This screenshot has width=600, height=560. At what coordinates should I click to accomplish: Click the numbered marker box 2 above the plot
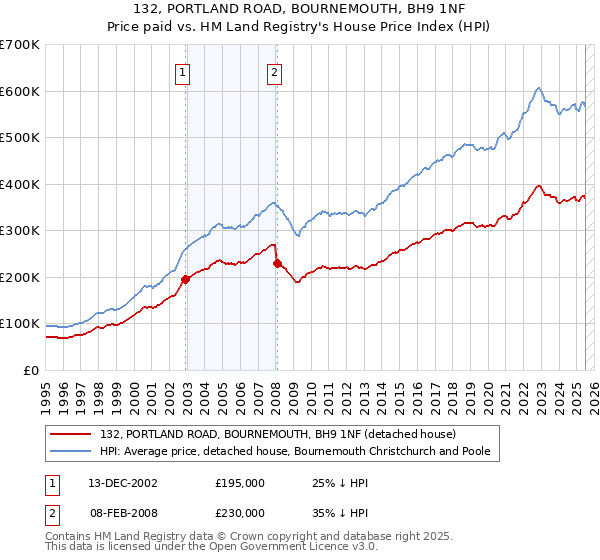(274, 71)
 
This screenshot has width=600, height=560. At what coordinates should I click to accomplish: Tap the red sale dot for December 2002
(186, 280)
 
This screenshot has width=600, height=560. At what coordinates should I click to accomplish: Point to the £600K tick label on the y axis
(19, 91)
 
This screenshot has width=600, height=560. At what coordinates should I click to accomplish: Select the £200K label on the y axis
(19, 277)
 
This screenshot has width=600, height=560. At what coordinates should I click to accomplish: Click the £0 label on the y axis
(30, 370)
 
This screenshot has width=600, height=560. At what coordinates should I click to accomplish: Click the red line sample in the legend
(72, 434)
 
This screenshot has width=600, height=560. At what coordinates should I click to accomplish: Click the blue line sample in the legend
(72, 451)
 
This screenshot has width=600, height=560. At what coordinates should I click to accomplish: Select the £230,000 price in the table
(240, 512)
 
